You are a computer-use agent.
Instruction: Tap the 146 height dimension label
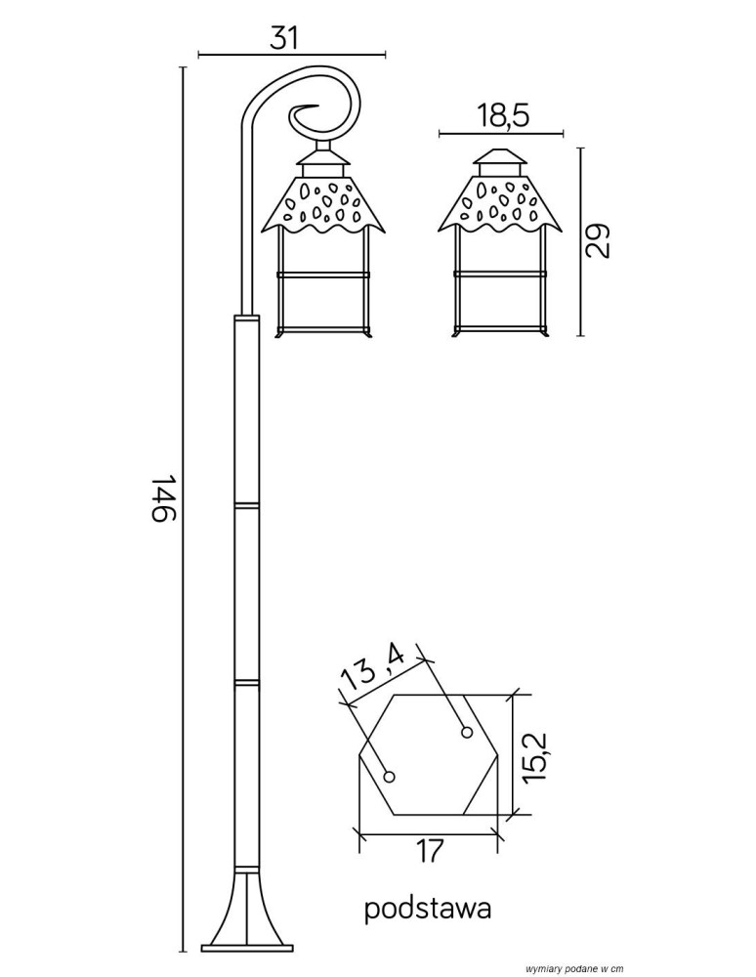pos(162,498)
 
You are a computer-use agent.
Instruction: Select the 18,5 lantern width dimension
pos(503,117)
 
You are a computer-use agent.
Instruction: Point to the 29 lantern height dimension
pos(598,240)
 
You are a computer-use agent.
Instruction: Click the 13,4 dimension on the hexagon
pos(372,671)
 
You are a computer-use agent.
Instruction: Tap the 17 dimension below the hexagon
pos(427,851)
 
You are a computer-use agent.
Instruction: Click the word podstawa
pos(427,910)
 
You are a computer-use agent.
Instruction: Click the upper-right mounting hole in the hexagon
pos(467,732)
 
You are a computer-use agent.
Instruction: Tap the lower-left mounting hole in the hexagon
pos(390,777)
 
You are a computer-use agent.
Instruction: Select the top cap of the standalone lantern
pos(500,160)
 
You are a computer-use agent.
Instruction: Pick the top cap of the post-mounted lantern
pos(322,159)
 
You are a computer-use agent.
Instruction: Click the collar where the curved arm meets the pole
pos(246,318)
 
